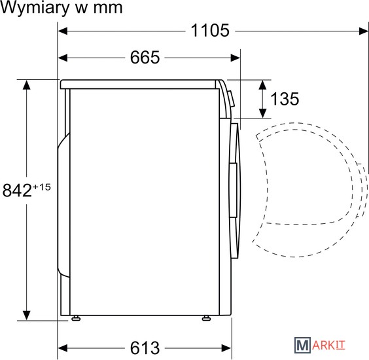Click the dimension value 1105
click(210, 30)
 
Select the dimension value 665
click(145, 57)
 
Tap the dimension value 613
click(145, 348)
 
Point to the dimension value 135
click(285, 99)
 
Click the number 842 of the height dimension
click(17, 190)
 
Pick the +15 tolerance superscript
click(42, 187)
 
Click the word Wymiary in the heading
click(34, 9)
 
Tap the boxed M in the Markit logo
click(302, 345)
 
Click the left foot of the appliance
click(76, 318)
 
